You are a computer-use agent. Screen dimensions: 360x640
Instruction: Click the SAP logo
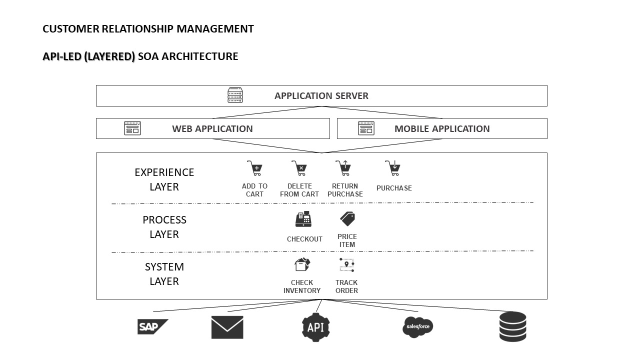point(152,327)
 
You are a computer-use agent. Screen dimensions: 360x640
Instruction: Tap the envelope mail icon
point(227,327)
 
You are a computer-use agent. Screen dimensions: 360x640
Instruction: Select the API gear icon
point(315,327)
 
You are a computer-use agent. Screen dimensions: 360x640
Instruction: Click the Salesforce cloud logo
point(417,327)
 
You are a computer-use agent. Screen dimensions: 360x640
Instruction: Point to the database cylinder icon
point(512,326)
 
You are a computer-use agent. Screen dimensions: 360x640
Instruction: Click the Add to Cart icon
point(254,168)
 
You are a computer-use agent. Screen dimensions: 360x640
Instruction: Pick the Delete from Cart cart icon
point(299,168)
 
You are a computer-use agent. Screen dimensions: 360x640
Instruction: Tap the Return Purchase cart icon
point(343,168)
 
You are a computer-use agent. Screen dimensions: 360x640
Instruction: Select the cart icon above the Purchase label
point(393,168)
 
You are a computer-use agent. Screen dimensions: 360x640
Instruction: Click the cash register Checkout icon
point(303,219)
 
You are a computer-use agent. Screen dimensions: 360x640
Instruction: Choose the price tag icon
point(347,218)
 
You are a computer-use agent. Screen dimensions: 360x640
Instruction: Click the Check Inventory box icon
point(302,264)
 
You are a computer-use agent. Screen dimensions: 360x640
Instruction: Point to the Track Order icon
point(346,265)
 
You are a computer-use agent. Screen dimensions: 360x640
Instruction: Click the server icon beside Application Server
point(235,95)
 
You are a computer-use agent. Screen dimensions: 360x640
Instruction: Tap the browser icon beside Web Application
point(132,128)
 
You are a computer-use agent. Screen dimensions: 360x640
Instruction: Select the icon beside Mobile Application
point(366,128)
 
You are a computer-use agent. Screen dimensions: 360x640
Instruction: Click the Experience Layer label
point(164,179)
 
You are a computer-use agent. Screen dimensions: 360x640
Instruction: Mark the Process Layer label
point(164,227)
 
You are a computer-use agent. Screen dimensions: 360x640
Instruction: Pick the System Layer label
point(164,274)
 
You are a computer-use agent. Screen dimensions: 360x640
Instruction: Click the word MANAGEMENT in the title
point(215,29)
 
